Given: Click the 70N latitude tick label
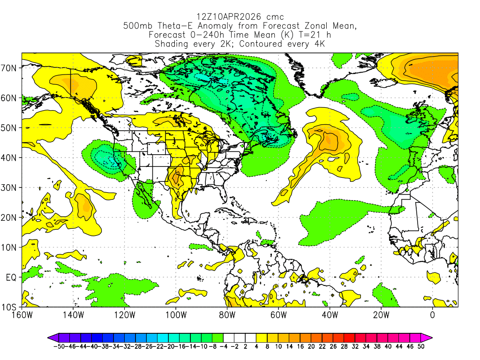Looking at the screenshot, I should [x=10, y=68].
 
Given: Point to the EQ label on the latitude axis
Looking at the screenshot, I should [x=11, y=277].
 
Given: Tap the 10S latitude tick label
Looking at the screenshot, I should [x=10, y=307].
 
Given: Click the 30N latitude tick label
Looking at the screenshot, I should [x=10, y=187].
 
